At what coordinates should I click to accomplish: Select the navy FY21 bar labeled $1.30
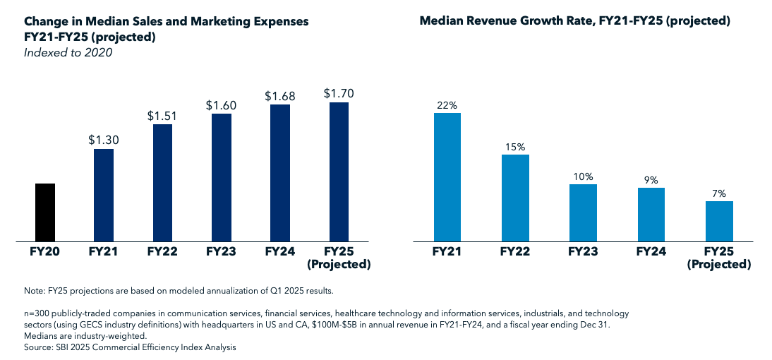pyautogui.click(x=104, y=196)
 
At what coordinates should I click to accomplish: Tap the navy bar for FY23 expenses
pyautogui.click(x=221, y=178)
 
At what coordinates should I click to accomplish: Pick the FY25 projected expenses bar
pyautogui.click(x=339, y=172)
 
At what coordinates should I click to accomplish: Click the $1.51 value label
pyautogui.click(x=162, y=115)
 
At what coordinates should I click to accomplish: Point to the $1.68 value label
pyautogui.click(x=279, y=95)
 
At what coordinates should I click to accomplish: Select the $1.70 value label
pyautogui.click(x=339, y=92)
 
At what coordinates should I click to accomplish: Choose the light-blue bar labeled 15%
pyautogui.click(x=515, y=198)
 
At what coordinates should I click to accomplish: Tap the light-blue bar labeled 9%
pyautogui.click(x=651, y=215)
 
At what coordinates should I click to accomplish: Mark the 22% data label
pyautogui.click(x=447, y=104)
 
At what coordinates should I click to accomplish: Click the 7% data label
pyautogui.click(x=719, y=193)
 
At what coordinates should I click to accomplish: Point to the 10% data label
pyautogui.click(x=583, y=176)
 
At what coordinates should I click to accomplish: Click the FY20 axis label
pyautogui.click(x=45, y=251)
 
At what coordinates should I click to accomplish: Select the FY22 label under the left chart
pyautogui.click(x=162, y=251)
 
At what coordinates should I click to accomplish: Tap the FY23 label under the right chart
pyautogui.click(x=583, y=251)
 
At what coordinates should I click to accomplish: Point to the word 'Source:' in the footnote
pyautogui.click(x=39, y=347)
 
